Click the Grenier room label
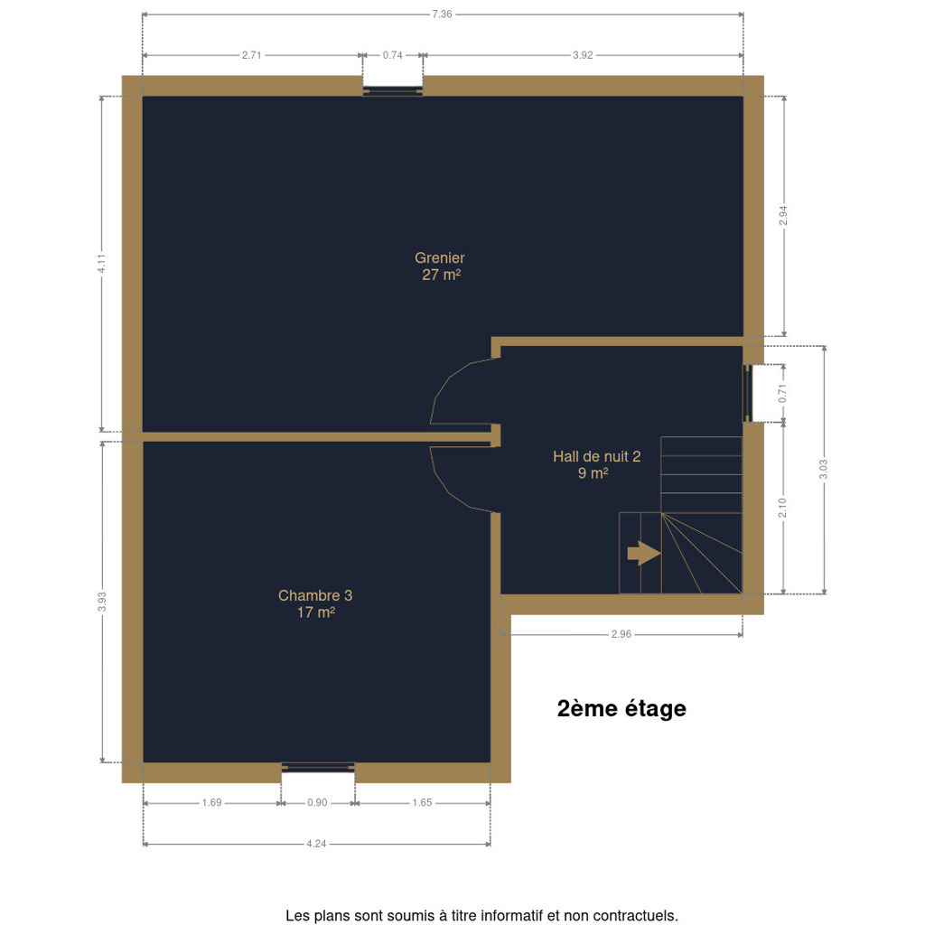coord(440,266)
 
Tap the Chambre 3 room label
coord(315,604)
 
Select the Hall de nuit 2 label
coord(596,465)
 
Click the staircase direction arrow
coord(643,554)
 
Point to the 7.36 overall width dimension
coord(442,14)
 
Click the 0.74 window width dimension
coord(392,55)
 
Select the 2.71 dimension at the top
coord(251,55)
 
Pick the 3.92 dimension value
coord(583,55)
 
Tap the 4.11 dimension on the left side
coord(101,263)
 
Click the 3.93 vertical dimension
coord(102,602)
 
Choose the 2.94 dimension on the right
coord(783,215)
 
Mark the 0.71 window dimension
coord(783,394)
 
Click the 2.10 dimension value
coord(783,508)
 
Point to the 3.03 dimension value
coord(824,470)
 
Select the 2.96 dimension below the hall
coord(621,634)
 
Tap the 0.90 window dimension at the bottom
coord(317,803)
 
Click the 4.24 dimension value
coord(316,845)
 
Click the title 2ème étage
coord(621,708)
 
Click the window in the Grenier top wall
coord(393,90)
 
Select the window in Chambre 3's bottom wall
coord(318,768)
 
